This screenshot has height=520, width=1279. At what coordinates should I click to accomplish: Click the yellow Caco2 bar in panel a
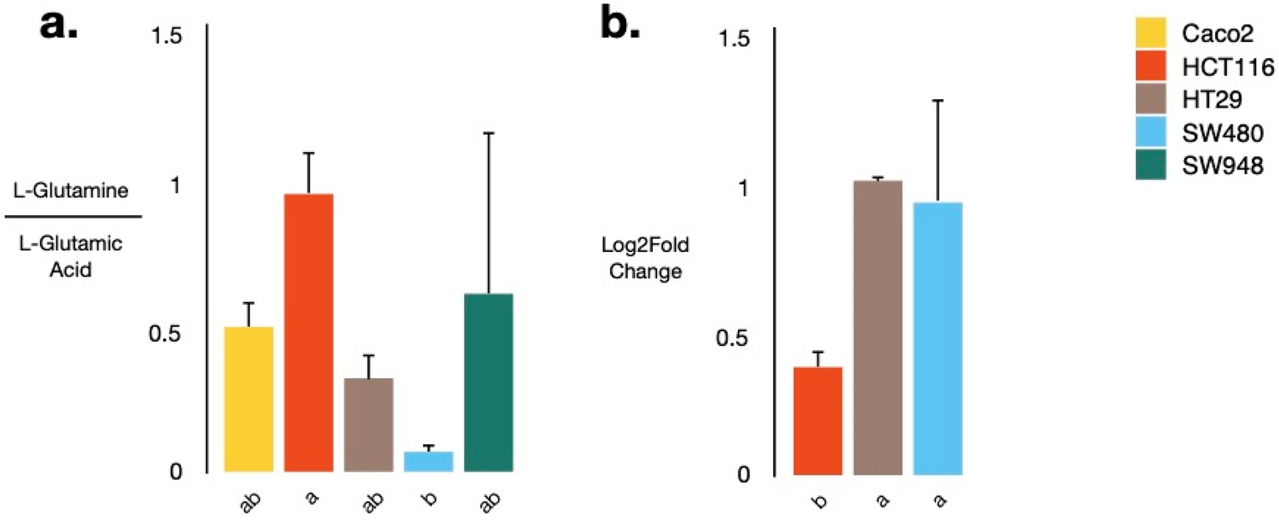(248, 399)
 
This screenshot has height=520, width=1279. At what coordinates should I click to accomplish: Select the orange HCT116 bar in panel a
(308, 332)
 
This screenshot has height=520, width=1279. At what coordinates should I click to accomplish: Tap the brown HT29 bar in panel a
(369, 424)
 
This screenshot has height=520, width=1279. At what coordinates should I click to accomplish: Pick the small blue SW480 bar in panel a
(428, 461)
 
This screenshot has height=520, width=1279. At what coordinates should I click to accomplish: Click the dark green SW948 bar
(488, 382)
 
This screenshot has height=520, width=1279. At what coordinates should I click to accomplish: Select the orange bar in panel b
(817, 420)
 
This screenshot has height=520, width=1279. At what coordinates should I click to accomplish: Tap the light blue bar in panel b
(938, 338)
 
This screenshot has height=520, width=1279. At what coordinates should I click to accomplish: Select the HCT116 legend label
(1218, 66)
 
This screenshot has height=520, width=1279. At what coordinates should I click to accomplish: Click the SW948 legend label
(1216, 167)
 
